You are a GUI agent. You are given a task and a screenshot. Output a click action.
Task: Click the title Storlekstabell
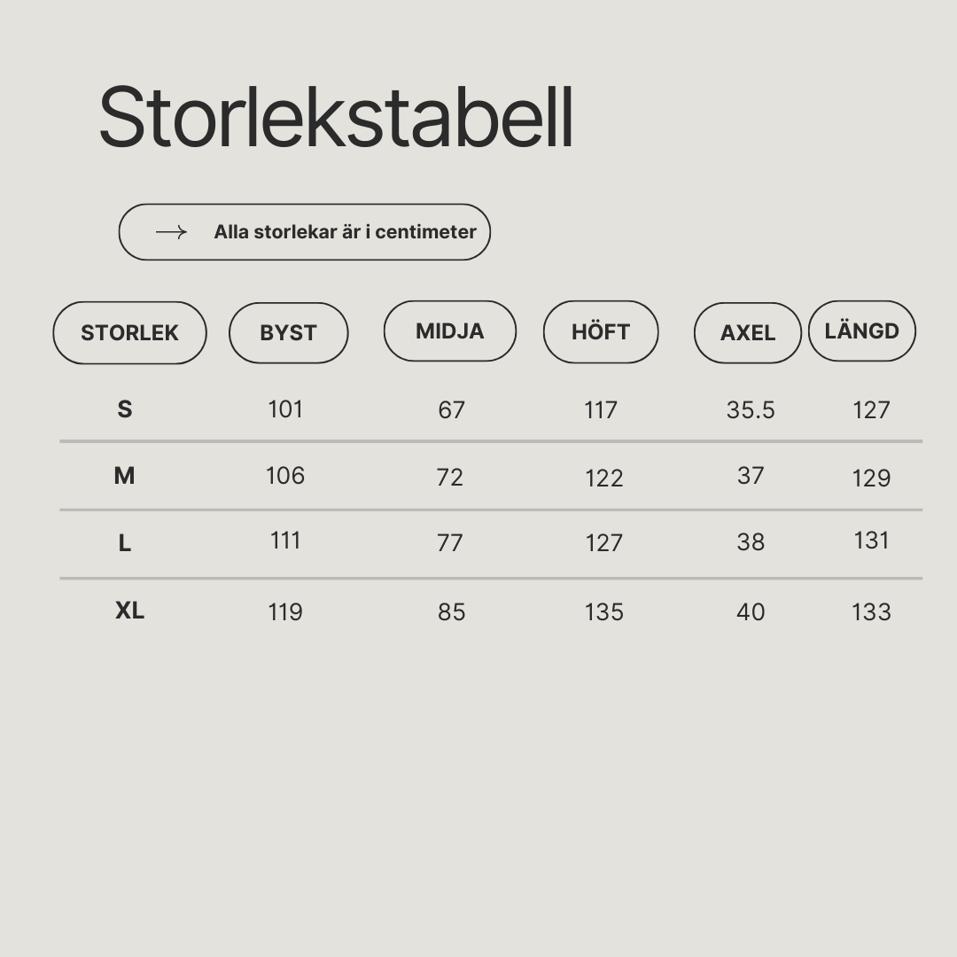337,117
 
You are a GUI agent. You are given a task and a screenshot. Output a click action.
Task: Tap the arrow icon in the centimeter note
172,232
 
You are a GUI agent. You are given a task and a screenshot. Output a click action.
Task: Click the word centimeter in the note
425,232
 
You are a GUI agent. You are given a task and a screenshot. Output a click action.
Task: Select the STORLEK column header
130,332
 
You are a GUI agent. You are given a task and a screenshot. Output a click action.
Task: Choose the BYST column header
289,332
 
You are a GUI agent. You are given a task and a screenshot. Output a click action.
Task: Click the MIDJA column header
450,331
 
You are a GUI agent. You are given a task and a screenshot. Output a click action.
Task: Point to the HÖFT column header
601,331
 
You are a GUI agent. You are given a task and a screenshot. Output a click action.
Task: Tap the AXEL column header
748,332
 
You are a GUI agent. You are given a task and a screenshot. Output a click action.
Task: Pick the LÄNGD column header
862,331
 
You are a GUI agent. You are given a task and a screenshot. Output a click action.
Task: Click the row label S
125,408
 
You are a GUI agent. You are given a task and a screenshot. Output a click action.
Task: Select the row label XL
130,611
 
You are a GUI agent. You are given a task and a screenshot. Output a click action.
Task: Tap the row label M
125,476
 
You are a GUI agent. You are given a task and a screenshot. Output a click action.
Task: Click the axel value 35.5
751,410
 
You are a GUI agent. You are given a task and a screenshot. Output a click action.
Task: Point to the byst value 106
285,476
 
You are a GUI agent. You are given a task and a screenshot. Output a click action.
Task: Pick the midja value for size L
450,542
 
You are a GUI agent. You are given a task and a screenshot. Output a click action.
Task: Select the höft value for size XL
604,611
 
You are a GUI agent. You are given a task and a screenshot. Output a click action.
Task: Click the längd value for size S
872,410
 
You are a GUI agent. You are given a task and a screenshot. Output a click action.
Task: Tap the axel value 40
751,611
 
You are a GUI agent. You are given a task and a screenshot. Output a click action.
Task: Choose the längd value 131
872,541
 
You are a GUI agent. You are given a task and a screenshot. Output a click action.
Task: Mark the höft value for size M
604,478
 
